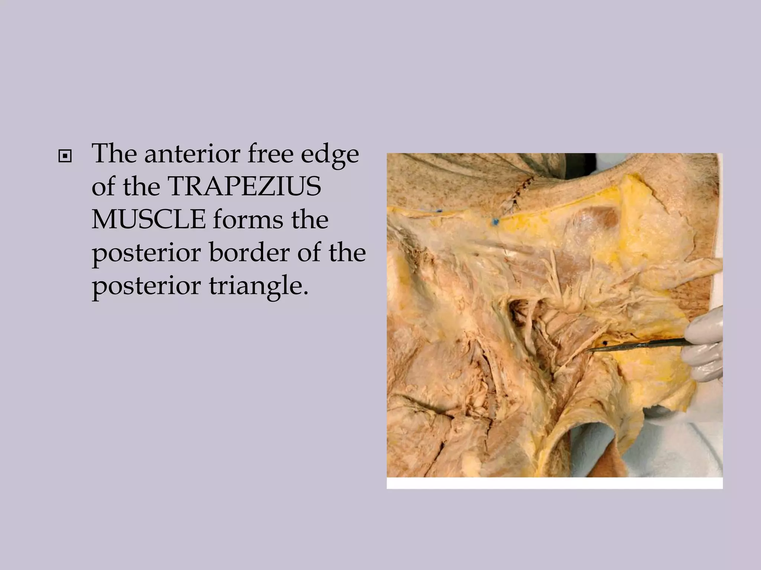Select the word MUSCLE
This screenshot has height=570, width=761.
tap(148, 220)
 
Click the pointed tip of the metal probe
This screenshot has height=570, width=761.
tap(587, 351)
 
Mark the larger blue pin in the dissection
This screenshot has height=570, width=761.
tap(495, 222)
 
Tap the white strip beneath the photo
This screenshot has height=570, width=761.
tap(554, 483)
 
